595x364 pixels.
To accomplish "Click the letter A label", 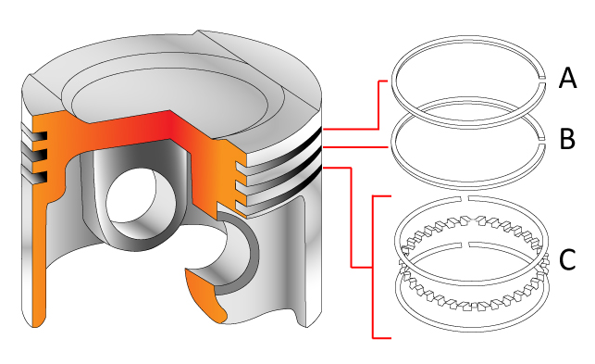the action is point(567,79).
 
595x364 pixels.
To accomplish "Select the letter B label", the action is point(567,139).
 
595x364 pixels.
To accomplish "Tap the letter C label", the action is point(567,260).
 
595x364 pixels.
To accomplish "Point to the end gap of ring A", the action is point(543,79).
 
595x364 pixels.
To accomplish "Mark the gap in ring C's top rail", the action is point(465,198).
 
